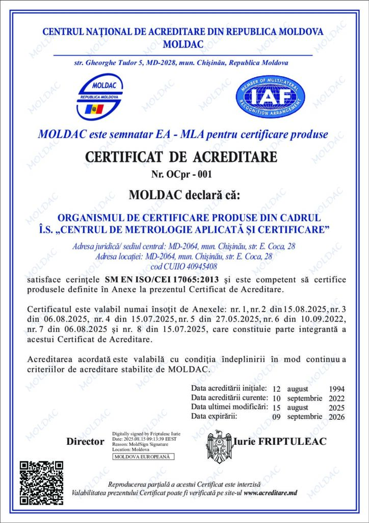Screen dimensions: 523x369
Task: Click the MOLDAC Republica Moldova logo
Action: tap(100, 96)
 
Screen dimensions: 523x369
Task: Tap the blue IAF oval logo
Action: tap(270, 96)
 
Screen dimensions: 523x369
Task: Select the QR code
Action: tap(41, 482)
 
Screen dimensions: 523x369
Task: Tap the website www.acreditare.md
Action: tap(270, 493)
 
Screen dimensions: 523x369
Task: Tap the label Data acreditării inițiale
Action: tap(229, 388)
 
